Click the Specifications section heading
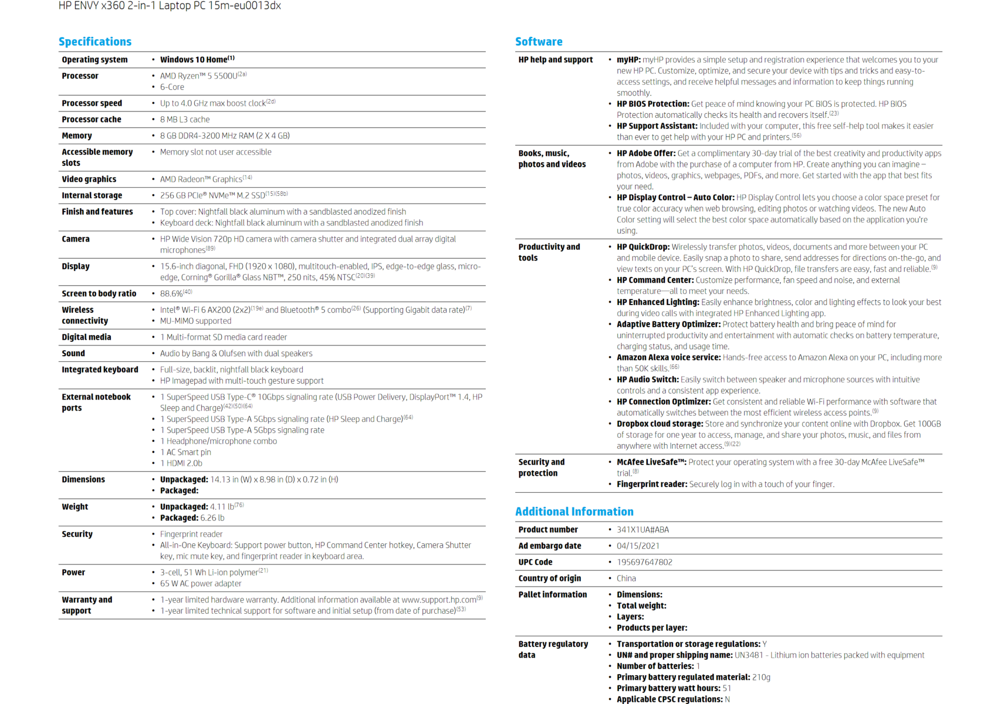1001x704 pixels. (94, 42)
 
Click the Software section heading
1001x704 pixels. (538, 42)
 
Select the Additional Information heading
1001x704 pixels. (574, 512)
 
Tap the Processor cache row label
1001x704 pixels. (91, 120)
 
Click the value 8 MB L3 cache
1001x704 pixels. (184, 120)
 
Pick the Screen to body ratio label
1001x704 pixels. (99, 294)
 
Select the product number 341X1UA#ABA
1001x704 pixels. (642, 530)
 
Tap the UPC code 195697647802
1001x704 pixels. (644, 562)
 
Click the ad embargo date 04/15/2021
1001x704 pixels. (638, 546)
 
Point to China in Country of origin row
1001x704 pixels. (626, 578)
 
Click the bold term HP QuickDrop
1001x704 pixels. (642, 247)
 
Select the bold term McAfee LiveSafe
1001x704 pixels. (651, 462)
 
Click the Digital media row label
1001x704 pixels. (86, 337)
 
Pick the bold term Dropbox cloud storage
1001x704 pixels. (660, 424)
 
